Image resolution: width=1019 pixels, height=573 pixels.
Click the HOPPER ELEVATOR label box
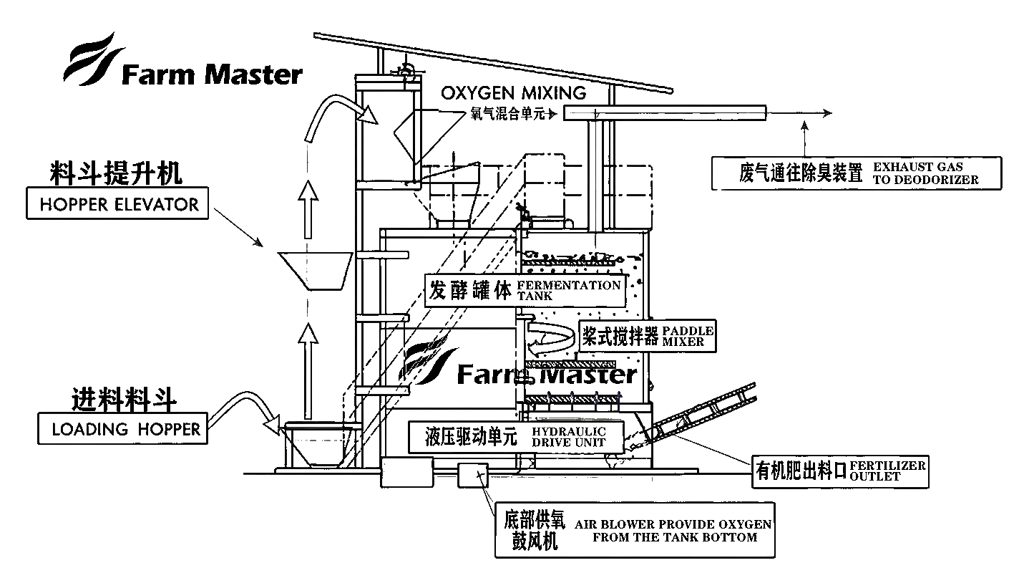point(117,203)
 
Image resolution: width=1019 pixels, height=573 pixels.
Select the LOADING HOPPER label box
point(123,428)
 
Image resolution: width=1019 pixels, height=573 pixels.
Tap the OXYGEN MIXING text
point(514,93)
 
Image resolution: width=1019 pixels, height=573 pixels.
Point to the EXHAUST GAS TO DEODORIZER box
point(857,173)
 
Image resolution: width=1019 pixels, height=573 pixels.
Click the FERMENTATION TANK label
point(525,290)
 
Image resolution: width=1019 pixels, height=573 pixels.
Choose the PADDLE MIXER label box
point(648,336)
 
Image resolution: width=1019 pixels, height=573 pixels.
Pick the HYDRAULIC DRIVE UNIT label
point(516,437)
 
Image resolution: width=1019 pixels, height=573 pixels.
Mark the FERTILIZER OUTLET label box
point(840,471)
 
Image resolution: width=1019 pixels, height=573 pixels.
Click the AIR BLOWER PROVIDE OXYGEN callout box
point(635,530)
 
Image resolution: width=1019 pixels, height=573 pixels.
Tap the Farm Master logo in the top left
point(183,59)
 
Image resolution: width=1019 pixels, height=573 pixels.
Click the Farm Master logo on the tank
point(519,365)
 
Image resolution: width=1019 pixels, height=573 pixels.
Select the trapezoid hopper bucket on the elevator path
point(316,271)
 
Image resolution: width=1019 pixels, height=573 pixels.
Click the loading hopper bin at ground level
point(321,445)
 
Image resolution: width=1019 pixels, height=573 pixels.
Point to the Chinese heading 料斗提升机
point(116,173)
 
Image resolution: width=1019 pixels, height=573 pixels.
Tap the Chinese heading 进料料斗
point(124,400)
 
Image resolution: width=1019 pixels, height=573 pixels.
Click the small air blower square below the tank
point(473,475)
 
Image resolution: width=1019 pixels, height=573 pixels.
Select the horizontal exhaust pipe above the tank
point(665,112)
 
